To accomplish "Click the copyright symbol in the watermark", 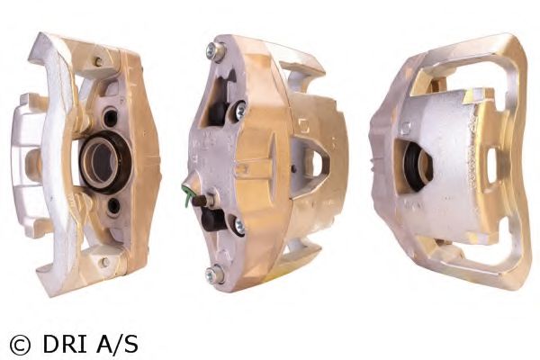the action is [20, 345].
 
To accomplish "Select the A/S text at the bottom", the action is [117, 343].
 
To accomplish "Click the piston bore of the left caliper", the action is [105, 162].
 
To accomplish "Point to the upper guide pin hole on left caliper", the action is [110, 118].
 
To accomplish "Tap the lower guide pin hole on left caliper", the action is [113, 206].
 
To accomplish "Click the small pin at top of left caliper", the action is [98, 62].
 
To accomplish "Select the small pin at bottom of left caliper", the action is [104, 263].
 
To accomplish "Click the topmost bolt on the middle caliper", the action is [216, 52].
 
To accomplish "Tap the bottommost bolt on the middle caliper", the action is [214, 274].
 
